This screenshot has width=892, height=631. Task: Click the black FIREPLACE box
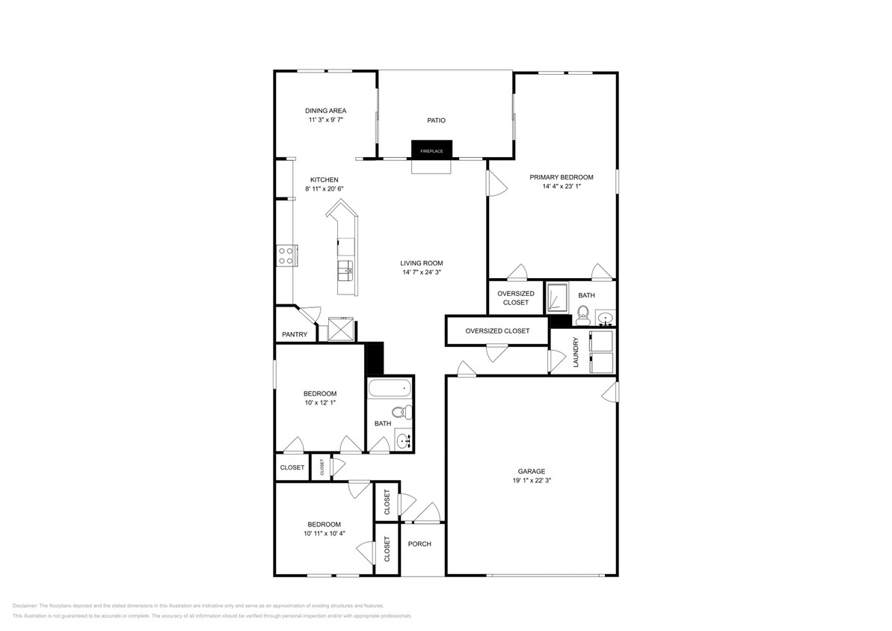point(431,150)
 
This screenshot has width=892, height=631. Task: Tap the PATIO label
point(437,120)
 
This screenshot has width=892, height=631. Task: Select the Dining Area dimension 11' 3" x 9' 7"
point(325,120)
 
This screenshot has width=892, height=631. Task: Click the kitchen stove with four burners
point(286,256)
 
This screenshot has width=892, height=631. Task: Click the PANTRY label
point(295,334)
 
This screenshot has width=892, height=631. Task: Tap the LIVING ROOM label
point(422,263)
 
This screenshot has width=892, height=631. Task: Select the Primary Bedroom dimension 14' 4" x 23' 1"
point(562,187)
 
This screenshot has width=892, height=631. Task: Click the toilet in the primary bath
point(584,315)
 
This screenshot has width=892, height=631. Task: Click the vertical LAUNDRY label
point(576,351)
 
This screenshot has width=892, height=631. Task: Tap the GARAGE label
point(532,471)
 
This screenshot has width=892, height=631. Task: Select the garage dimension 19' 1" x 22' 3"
point(532,481)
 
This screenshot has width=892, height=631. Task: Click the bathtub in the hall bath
point(389,388)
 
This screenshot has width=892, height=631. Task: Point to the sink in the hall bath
point(404,440)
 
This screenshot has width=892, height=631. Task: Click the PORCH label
point(419,544)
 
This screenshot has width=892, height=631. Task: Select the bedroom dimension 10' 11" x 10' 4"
point(324,534)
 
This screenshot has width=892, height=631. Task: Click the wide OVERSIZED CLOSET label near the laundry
point(497,330)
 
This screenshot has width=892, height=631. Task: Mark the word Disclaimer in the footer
point(25,606)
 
